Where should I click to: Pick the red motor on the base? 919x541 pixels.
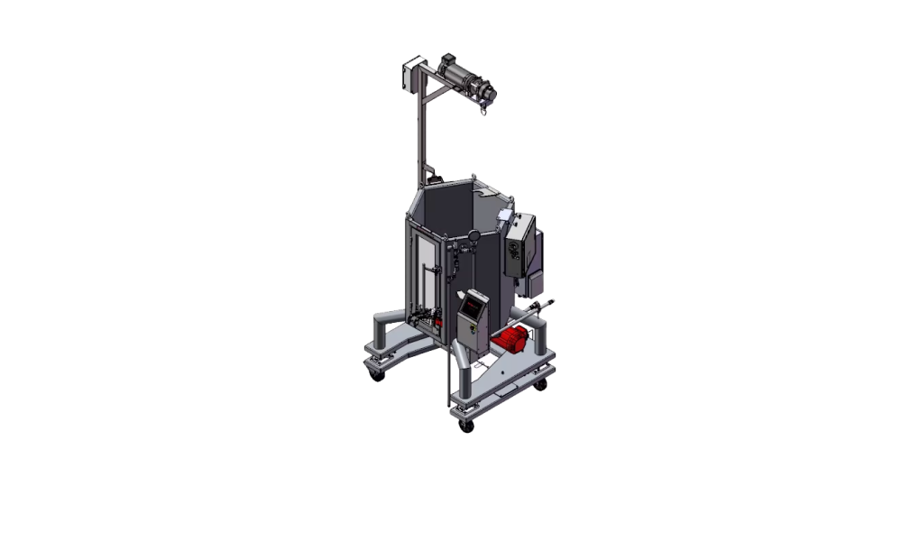point(510,342)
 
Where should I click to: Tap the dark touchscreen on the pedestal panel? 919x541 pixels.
point(472,306)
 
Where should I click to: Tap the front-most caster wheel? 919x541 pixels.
point(465,425)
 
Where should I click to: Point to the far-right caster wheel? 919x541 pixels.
point(541,386)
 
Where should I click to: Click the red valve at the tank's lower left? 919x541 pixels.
point(438,318)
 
